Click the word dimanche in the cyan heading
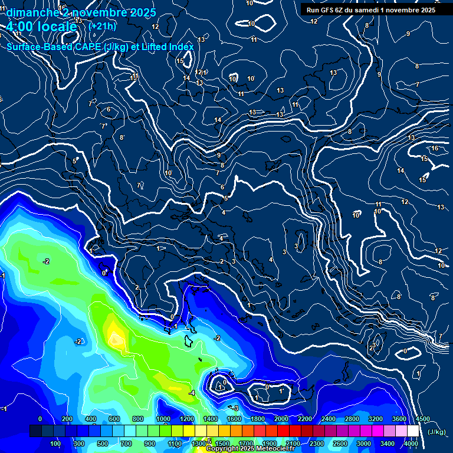pyautogui.click(x=30, y=12)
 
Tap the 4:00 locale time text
pyautogui.click(x=41, y=27)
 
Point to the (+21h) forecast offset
pyautogui.click(x=102, y=26)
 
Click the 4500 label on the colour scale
pyautogui.click(x=422, y=419)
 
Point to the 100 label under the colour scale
pyautogui.click(x=55, y=444)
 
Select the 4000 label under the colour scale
pyautogui.click(x=411, y=444)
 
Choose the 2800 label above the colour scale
pyautogui.click(x=352, y=419)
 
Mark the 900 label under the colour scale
pyautogui.click(x=149, y=444)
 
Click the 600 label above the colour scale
pyautogui.click(x=114, y=419)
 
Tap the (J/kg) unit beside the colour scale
pyautogui.click(x=437, y=432)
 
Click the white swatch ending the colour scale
pyautogui.click(x=413, y=431)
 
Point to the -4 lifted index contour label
pyautogui.click(x=192, y=393)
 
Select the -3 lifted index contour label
pyautogui.click(x=235, y=408)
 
